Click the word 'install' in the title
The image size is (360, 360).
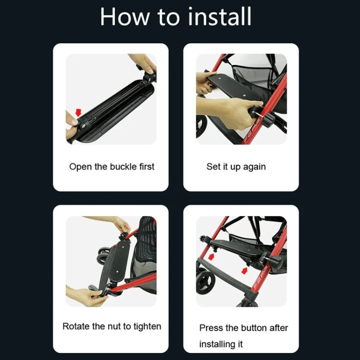[220, 16]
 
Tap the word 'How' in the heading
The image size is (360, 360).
[125, 17]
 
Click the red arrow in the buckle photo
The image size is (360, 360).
[79, 112]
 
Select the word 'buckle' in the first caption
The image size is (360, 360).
[123, 167]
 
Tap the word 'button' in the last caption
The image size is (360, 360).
[252, 328]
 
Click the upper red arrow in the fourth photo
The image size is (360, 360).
[211, 256]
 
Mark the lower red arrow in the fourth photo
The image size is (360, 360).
[244, 271]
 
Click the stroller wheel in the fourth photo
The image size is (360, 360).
[205, 282]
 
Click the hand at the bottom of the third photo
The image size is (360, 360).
[85, 296]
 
